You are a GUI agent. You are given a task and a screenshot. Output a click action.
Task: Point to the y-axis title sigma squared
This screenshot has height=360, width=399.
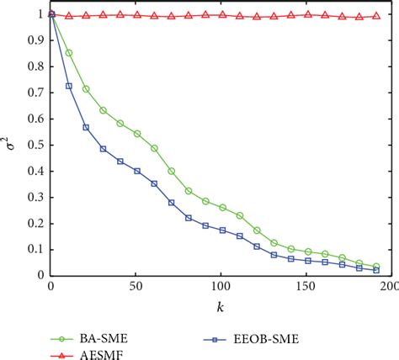pyautogui.click(x=11, y=145)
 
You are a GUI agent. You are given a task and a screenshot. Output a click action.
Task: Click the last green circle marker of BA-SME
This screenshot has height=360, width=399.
pyautogui.click(x=375, y=266)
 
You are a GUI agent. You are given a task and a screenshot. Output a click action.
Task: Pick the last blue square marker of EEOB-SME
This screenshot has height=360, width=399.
pyautogui.click(x=375, y=270)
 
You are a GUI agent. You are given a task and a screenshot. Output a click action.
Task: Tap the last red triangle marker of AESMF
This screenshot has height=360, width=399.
pyautogui.click(x=375, y=16)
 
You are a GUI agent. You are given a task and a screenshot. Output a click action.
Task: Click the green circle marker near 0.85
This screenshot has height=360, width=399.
pyautogui.click(x=68, y=53)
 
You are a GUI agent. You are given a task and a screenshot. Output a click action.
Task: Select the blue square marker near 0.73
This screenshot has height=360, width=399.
pyautogui.click(x=68, y=86)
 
